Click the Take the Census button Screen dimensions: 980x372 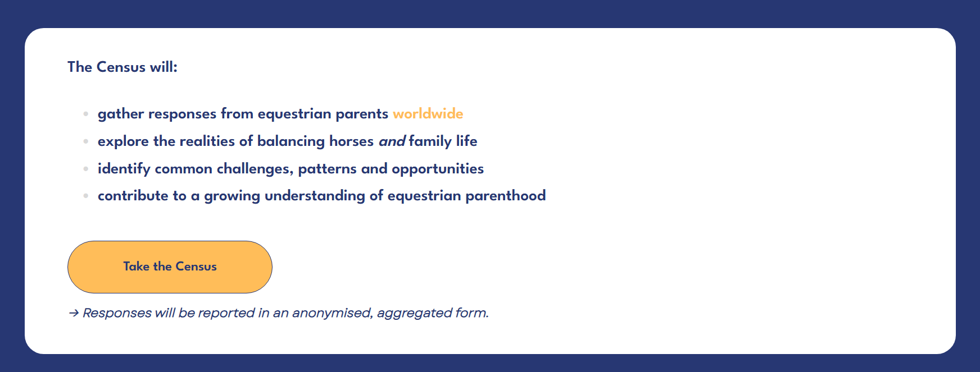tap(170, 267)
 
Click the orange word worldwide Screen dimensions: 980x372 tap(428, 113)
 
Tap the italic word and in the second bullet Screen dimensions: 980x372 tap(392, 141)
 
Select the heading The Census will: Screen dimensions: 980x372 tap(122, 67)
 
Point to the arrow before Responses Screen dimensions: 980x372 tap(74, 313)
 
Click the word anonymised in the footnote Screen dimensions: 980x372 tap(332, 313)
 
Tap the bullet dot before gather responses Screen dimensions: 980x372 tap(85, 114)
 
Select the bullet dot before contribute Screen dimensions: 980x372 tap(85, 196)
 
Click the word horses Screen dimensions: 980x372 tap(351, 141)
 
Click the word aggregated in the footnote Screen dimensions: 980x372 tap(415, 313)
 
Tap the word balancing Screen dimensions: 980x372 tap(291, 141)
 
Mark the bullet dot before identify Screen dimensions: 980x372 tap(85, 168)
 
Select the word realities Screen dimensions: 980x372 tap(207, 141)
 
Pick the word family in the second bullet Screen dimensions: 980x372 tap(430, 141)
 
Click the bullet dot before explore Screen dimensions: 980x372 tap(85, 141)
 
